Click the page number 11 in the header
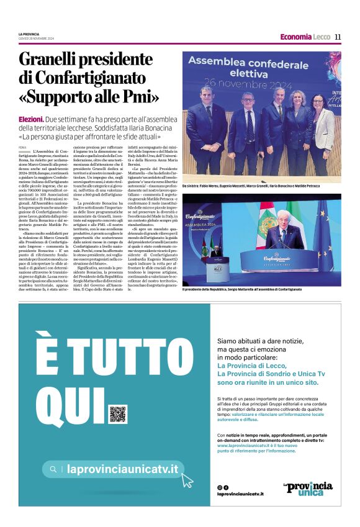coord(338,37)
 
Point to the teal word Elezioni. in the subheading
coord(31,119)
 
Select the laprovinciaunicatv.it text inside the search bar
coord(122,469)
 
